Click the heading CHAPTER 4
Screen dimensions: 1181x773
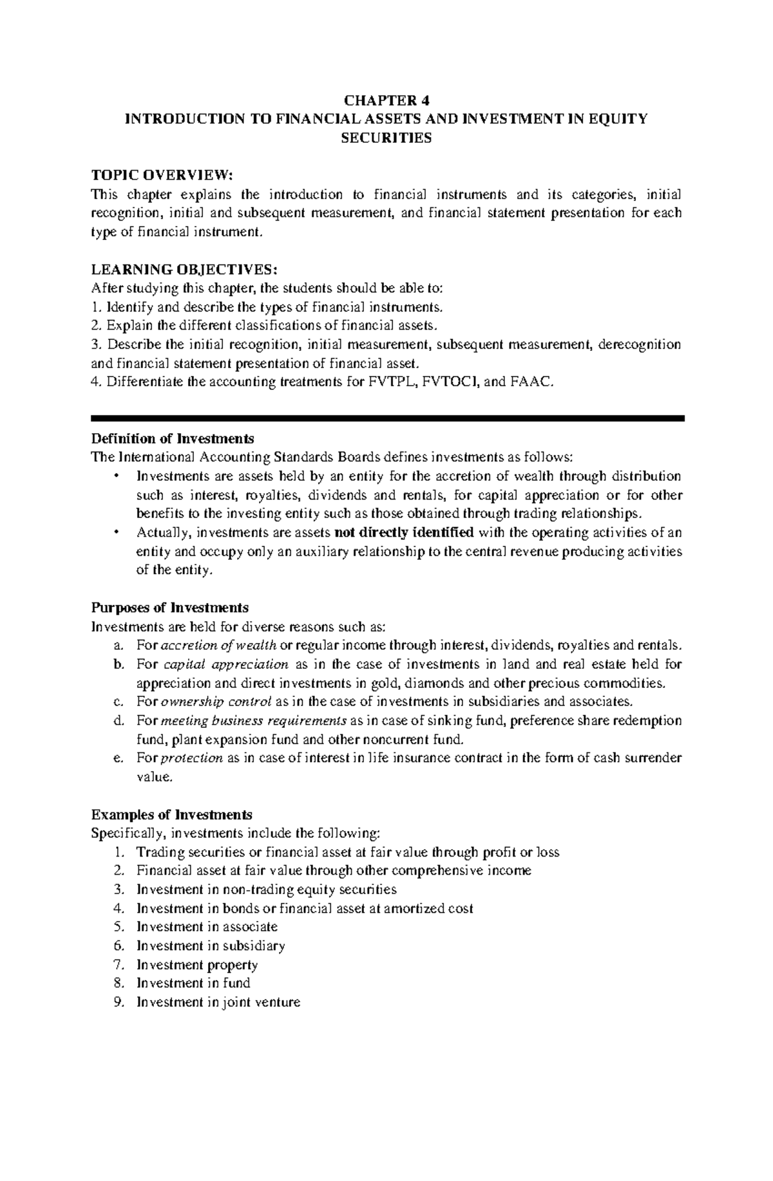click(386, 100)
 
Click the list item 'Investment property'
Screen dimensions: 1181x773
click(197, 965)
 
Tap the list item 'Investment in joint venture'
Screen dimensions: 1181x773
click(218, 1002)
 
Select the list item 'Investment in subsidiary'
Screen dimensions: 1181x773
click(211, 946)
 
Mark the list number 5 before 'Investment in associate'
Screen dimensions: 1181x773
click(117, 927)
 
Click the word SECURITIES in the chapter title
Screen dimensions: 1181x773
click(386, 138)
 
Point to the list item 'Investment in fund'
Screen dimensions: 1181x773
click(193, 983)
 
